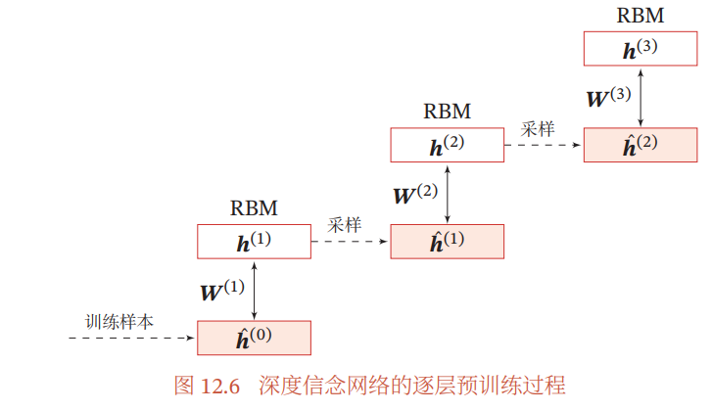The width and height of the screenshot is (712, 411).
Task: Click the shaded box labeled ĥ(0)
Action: click(254, 338)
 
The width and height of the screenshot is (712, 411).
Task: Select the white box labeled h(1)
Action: click(254, 242)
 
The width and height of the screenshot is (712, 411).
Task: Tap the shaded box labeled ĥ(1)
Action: click(448, 242)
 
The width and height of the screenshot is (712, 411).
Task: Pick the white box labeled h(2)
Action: click(448, 145)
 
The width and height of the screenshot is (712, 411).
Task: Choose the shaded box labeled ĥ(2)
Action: click(641, 145)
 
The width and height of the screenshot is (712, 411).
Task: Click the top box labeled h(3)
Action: click(641, 49)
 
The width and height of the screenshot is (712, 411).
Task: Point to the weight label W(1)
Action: click(222, 291)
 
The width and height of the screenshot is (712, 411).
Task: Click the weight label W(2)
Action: click(415, 194)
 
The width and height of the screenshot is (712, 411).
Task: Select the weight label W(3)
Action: click(609, 98)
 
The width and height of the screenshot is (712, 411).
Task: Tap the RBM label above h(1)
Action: click(254, 208)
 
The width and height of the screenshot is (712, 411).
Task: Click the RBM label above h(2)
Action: click(448, 112)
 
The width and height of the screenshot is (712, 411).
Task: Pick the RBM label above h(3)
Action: click(641, 16)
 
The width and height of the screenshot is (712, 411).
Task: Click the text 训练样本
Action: click(119, 322)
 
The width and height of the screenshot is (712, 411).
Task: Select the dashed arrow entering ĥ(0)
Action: click(131, 338)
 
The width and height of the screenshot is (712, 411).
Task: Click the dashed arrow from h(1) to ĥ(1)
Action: click(350, 242)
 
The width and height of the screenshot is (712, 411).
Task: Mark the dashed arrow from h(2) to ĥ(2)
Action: click(544, 145)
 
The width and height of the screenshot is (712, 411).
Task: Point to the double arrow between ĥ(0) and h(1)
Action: click(255, 291)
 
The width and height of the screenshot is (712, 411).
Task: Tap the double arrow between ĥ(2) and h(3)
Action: click(641, 98)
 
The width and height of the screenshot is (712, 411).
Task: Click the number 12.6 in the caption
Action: click(219, 387)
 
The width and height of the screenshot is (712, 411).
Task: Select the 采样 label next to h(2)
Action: click(538, 129)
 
